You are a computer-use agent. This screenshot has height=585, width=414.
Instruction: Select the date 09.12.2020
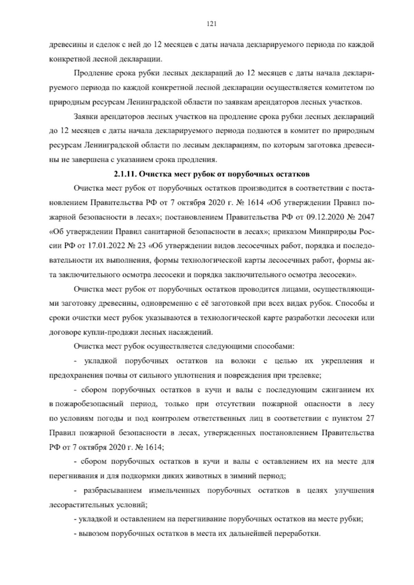click(321, 217)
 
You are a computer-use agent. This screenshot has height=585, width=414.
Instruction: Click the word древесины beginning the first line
click(66, 44)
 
